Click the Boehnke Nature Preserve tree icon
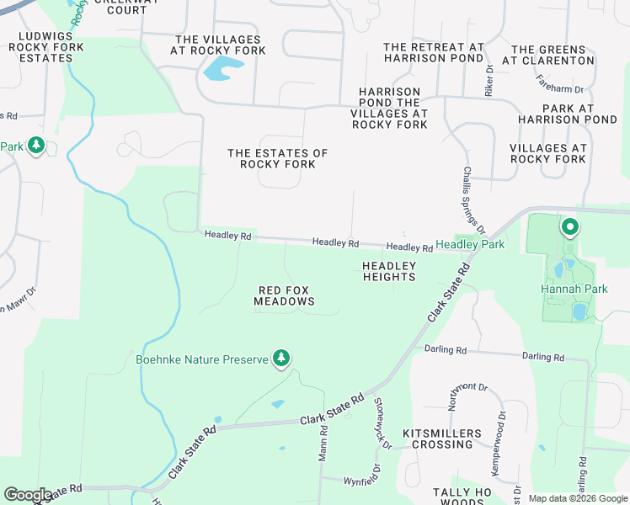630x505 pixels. tap(282, 359)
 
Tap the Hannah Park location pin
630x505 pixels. tap(569, 227)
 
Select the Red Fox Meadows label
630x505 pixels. tap(285, 295)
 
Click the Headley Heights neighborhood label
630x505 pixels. tap(389, 271)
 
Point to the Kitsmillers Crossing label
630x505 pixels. tap(437, 439)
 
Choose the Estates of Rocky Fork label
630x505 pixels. tap(277, 158)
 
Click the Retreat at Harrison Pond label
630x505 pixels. tap(434, 53)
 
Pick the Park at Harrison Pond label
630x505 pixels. tap(569, 114)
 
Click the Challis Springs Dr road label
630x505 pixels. tap(473, 200)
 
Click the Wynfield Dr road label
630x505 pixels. tap(363, 481)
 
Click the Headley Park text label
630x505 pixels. tap(470, 244)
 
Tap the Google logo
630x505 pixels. tap(28, 495)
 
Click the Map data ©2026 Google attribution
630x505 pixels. tap(577, 498)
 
